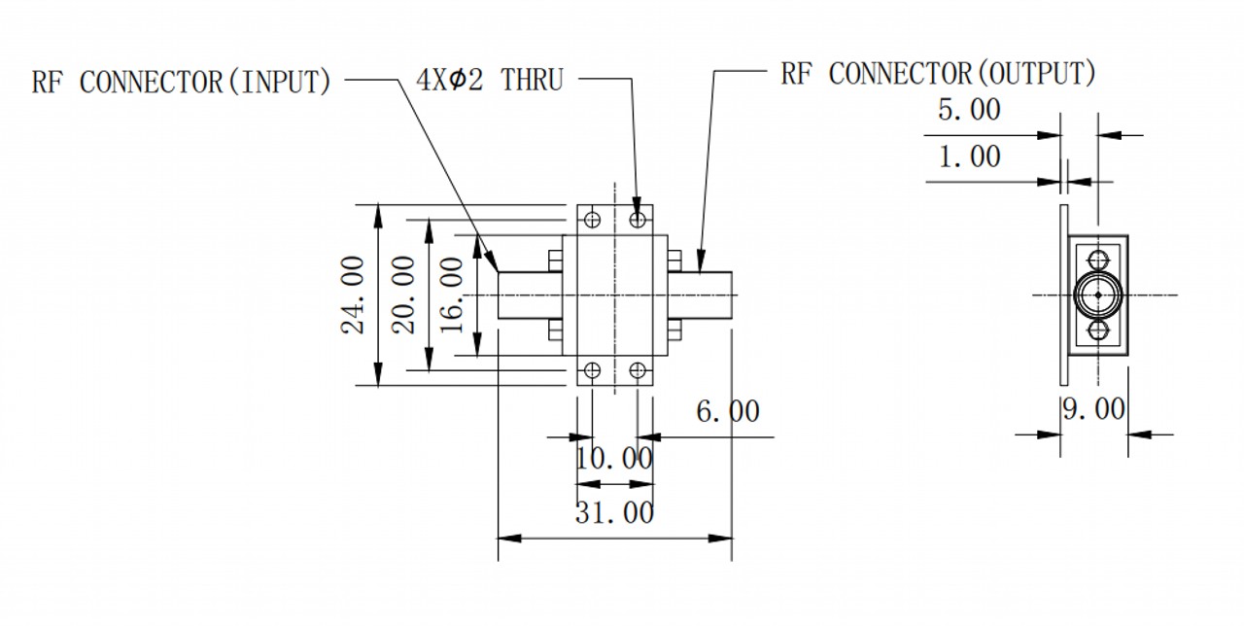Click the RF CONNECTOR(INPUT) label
(x=181, y=83)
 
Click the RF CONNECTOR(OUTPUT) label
(x=939, y=74)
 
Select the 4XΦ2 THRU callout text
(x=489, y=80)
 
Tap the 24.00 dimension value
(x=353, y=295)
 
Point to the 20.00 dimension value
(x=403, y=295)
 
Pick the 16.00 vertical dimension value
(x=452, y=295)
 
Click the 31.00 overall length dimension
(x=614, y=512)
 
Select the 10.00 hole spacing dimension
(x=614, y=459)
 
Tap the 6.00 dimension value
(x=728, y=411)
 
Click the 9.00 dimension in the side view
(x=1093, y=409)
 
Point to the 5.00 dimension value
(x=969, y=110)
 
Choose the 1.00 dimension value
(x=969, y=156)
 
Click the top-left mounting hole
(x=593, y=220)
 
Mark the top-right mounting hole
(x=638, y=220)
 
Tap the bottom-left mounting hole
(x=593, y=370)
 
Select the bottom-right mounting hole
(x=638, y=370)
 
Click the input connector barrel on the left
(x=530, y=295)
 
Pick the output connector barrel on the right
(x=700, y=295)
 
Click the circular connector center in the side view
(x=1098, y=295)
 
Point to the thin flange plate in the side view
(x=1063, y=295)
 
